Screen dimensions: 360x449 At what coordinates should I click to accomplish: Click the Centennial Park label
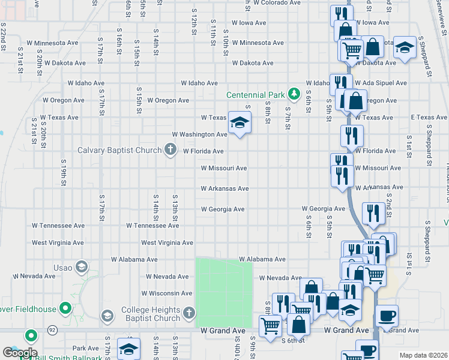coord(255,95)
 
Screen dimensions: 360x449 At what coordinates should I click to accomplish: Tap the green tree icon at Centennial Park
coord(294,94)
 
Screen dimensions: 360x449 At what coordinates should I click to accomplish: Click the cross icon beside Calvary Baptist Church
coord(170,150)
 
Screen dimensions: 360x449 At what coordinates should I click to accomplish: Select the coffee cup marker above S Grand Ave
coord(387,316)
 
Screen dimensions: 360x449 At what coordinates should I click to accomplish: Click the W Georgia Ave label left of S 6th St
coord(223,209)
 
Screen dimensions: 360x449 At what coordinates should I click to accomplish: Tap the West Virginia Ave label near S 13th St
coord(167,242)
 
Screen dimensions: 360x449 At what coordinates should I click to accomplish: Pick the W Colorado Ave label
coord(277,3)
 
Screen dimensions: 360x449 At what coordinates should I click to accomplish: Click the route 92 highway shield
coord(53,330)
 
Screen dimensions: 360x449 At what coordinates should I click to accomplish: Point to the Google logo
coord(19,353)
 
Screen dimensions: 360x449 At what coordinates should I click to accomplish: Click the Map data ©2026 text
coord(423,355)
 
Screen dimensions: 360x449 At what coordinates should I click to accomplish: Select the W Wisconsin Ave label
coord(166,293)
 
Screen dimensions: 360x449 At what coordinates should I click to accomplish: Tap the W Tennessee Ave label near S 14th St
coord(152,226)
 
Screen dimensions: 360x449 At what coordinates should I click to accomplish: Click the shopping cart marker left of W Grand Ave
coord(270,326)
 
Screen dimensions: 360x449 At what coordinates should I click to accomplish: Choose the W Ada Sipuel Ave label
coord(381,83)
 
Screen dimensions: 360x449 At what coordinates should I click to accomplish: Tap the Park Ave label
coord(85,348)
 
